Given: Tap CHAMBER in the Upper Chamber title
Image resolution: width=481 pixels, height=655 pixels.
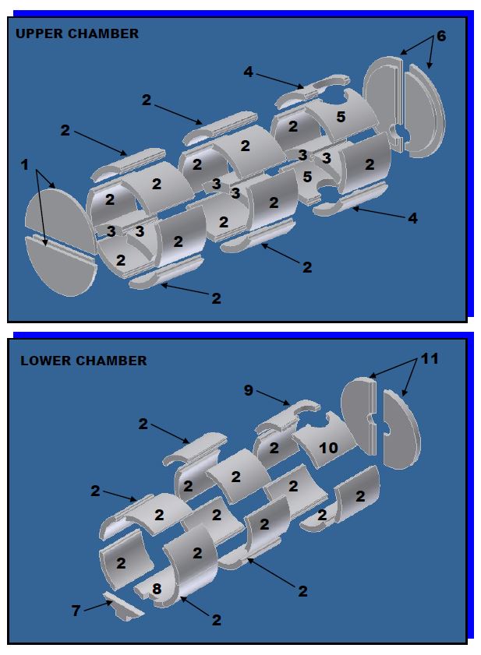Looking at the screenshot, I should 103,33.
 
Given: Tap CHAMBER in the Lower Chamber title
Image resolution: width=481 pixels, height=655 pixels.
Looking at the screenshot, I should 110,361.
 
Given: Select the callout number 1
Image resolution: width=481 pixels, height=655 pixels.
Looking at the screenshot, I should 25,164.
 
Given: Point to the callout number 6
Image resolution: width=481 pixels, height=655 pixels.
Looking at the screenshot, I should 440,36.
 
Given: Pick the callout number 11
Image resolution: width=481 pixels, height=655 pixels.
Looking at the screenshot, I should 430,359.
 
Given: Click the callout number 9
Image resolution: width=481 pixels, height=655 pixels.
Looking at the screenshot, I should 249,389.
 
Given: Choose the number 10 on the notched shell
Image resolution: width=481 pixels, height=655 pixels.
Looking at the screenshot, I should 328,449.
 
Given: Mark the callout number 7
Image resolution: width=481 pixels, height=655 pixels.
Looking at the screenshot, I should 76,611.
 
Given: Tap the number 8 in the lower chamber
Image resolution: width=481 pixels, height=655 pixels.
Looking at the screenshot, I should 157,590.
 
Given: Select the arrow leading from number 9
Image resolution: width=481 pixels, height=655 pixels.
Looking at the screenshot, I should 273,397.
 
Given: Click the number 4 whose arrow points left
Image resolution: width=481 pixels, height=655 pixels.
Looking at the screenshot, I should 412,219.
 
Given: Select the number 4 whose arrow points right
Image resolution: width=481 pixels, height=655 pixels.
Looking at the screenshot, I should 248,72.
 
